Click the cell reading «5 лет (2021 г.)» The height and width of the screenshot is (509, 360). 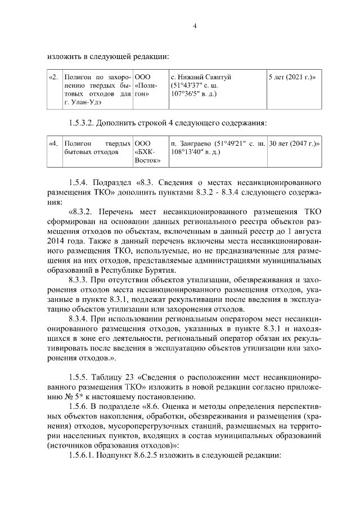292,76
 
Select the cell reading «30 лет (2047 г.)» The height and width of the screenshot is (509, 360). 295,143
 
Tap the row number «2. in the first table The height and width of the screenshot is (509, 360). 54,76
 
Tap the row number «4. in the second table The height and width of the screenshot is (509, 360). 54,143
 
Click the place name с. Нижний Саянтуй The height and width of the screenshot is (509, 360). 200,76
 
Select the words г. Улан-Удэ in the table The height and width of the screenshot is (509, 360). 83,102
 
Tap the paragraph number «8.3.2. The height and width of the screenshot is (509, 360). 81,212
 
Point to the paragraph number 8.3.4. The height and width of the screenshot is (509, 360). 79,318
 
